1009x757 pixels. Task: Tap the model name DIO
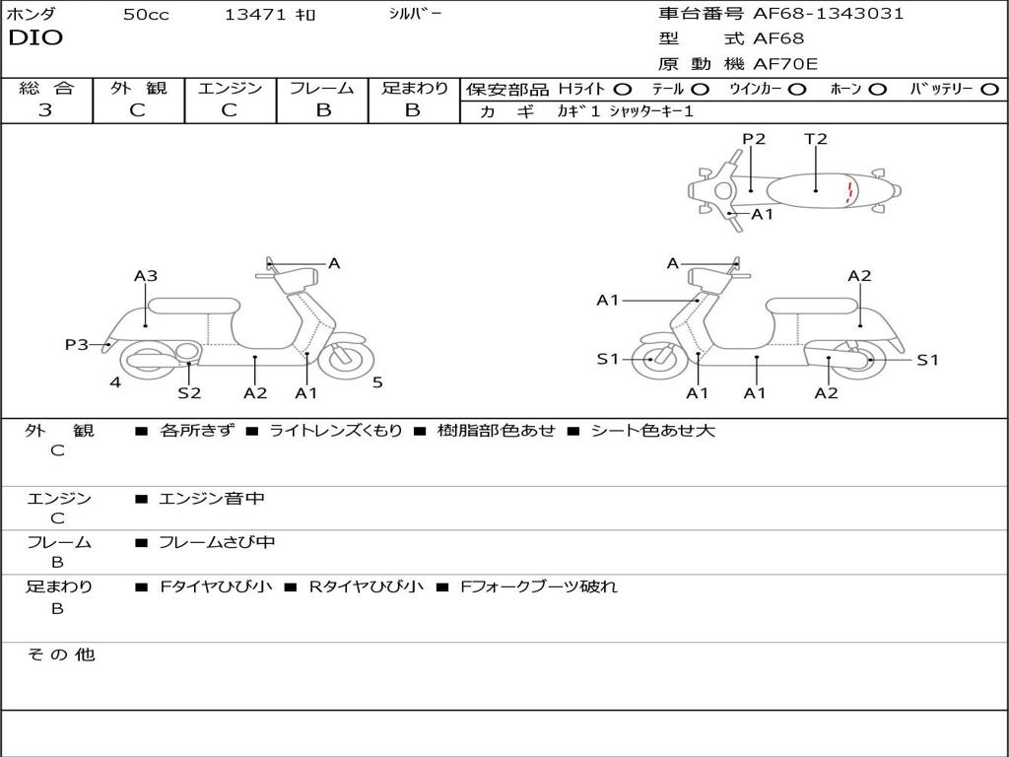click(35, 38)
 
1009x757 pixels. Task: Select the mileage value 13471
click(255, 15)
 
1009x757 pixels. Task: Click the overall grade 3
click(45, 110)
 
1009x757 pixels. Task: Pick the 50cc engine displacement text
click(146, 15)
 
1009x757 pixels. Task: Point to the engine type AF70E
click(785, 65)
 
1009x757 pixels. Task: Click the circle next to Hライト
click(622, 90)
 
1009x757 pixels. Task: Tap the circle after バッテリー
click(989, 90)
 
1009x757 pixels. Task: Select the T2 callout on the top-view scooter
click(816, 139)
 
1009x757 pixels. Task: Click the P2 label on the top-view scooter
click(754, 139)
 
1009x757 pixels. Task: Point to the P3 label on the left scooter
click(77, 344)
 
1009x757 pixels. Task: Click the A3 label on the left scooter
click(146, 276)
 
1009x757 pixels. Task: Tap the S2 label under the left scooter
click(189, 392)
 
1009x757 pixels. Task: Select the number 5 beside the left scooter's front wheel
click(377, 382)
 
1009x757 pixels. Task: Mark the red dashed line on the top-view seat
click(848, 191)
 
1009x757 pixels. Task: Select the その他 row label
click(60, 654)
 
